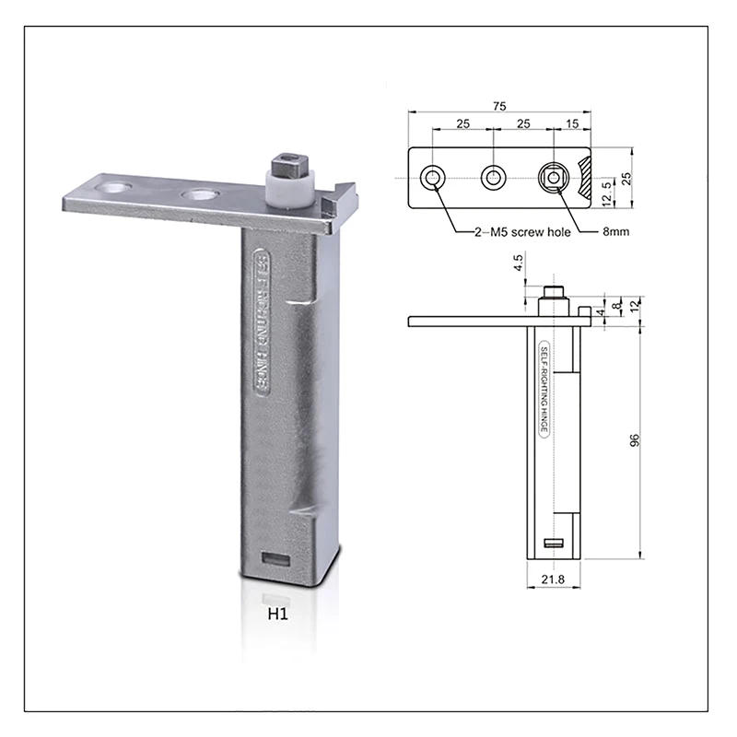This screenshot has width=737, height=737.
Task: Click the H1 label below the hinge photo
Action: pyautogui.click(x=279, y=615)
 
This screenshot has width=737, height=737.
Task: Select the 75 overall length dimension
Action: pyautogui.click(x=498, y=107)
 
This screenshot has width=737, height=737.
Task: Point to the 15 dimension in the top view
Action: pyautogui.click(x=572, y=123)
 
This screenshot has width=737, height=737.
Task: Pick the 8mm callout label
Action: pyautogui.click(x=615, y=232)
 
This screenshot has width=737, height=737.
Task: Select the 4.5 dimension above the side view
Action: pyautogui.click(x=519, y=273)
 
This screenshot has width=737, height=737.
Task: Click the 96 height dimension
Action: pyautogui.click(x=635, y=440)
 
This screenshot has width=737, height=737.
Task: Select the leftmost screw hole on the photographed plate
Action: pyautogui.click(x=116, y=187)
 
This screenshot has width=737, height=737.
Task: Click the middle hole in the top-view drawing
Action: pyautogui.click(x=493, y=177)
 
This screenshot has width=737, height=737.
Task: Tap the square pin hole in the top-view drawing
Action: pyautogui.click(x=553, y=177)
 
